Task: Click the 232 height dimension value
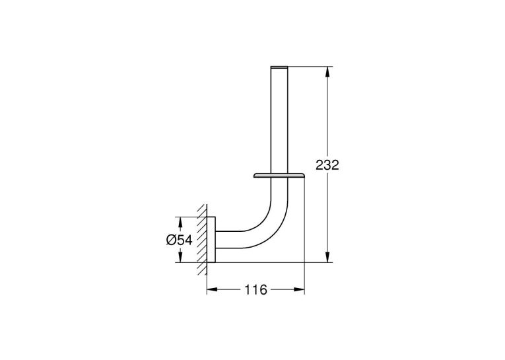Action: (327, 165)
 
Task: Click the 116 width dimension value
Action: (255, 290)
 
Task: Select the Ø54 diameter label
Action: (180, 240)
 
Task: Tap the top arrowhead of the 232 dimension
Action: (327, 72)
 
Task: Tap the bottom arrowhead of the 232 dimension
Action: (327, 257)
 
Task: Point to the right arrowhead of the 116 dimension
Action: (299, 290)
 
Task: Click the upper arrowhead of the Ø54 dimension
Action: (180, 223)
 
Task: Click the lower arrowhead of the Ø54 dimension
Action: (180, 257)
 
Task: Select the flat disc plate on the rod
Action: (279, 176)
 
